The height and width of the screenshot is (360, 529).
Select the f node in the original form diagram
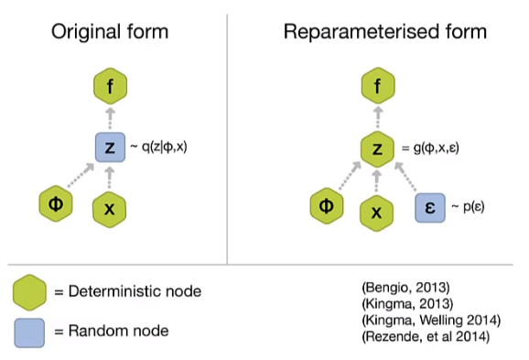110,88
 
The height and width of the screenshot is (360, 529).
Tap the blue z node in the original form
110,146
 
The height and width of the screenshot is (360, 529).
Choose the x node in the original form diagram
110,208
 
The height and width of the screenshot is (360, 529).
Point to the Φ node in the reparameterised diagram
325,206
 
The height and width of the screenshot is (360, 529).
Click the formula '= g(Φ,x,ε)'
434,147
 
